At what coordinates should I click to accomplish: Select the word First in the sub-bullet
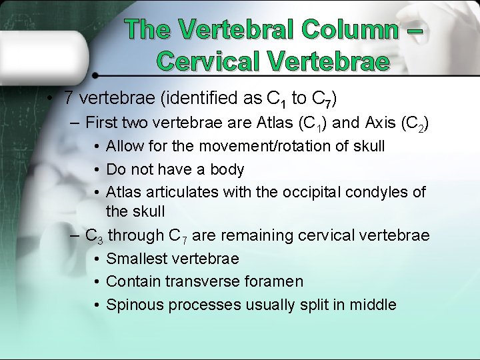click(102, 123)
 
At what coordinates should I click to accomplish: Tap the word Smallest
click(136, 259)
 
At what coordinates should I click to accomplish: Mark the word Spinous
click(135, 305)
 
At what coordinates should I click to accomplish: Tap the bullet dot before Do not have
click(97, 170)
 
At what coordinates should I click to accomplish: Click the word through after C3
click(136, 235)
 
